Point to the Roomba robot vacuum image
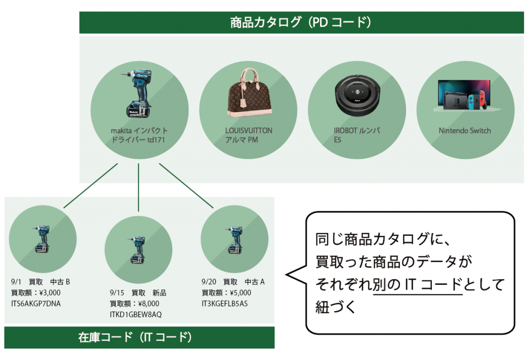[356, 95]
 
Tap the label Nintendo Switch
[464, 131]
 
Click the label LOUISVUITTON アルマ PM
[249, 135]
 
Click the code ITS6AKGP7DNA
[36, 303]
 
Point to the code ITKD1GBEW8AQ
[136, 314]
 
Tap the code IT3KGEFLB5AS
[224, 303]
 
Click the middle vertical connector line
[139, 187]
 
